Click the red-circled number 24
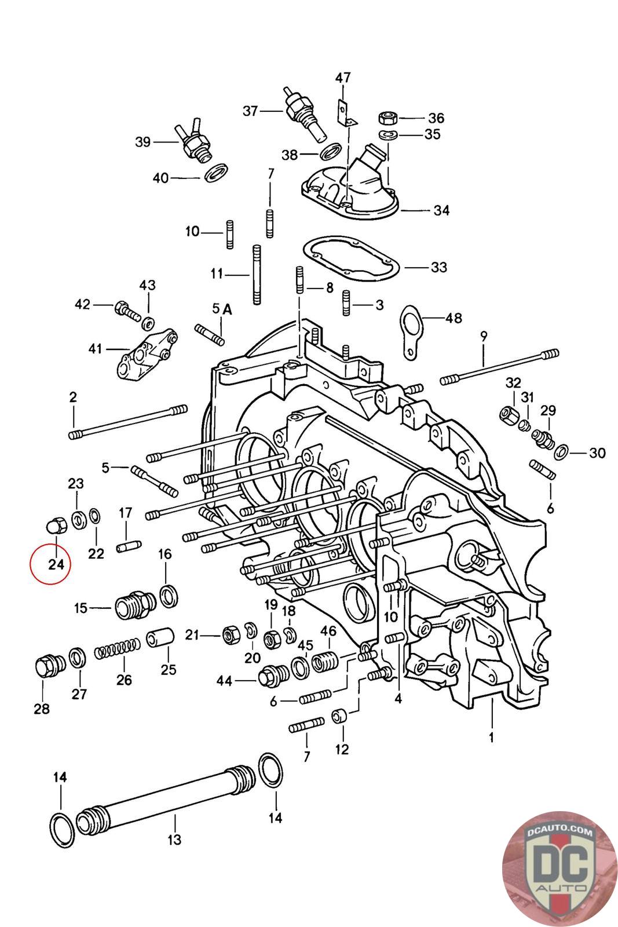click(x=56, y=564)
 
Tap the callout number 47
click(x=342, y=78)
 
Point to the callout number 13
click(x=174, y=840)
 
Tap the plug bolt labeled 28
click(x=48, y=666)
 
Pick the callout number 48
click(x=454, y=318)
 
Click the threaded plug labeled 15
click(x=134, y=606)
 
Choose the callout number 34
click(x=441, y=210)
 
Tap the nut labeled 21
click(x=231, y=634)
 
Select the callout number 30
click(x=597, y=452)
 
